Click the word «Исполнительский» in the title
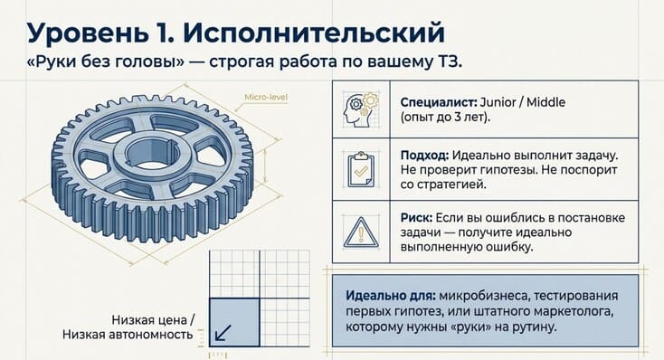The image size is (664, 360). coord(314,33)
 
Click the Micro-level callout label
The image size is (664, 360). coord(266,98)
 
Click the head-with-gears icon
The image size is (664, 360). coord(361,109)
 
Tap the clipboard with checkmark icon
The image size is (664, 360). coord(361,169)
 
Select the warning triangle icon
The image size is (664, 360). coord(361,232)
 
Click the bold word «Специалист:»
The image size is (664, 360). coord(439,102)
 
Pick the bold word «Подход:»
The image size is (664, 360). coord(424,156)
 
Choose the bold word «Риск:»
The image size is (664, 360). coord(416,218)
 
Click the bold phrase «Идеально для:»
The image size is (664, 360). coord(390,295)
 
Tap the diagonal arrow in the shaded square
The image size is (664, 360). coord(223,333)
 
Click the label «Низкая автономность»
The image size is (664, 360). coord(128,335)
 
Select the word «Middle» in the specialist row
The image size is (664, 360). coord(545,102)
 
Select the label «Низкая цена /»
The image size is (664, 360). coord(153,320)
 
